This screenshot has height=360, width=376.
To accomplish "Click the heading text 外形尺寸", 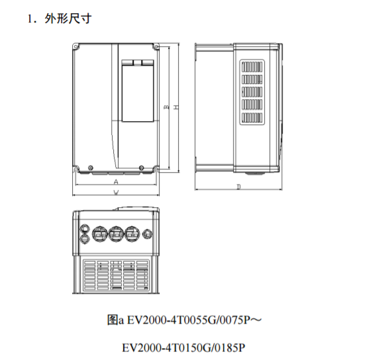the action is pos(68,19).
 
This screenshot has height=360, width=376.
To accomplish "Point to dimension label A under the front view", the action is pos(116,182).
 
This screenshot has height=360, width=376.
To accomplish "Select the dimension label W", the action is pos(116,192).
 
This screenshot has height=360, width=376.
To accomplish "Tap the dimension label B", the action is pos(166,107).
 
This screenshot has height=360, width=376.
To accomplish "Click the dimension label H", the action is pos(176,107).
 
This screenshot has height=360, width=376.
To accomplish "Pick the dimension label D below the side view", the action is pos(238,187).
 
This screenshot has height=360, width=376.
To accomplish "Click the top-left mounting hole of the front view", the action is pos(75,46).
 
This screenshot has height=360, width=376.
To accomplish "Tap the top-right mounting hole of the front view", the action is pos(156,46).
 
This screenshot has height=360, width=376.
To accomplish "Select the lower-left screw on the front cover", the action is pos(91,167).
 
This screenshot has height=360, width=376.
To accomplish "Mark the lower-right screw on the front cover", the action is pos(141,167).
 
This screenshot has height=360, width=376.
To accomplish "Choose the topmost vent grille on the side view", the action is pos(252,67).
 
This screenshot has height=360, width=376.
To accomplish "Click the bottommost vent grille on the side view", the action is pos(252,118).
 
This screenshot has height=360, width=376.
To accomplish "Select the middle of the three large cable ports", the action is pos(117,234).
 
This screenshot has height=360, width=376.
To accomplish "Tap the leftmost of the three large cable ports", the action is pos(100,234).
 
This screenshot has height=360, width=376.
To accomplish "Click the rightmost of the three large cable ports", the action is pos(132,234).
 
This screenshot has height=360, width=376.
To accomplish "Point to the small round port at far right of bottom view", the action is pos(147,234).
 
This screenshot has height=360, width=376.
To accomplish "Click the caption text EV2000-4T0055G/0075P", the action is pos(189,320).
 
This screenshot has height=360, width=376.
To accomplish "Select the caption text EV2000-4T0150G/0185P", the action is pos(183,348).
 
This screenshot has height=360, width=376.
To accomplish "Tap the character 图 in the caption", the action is pos(113,320).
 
